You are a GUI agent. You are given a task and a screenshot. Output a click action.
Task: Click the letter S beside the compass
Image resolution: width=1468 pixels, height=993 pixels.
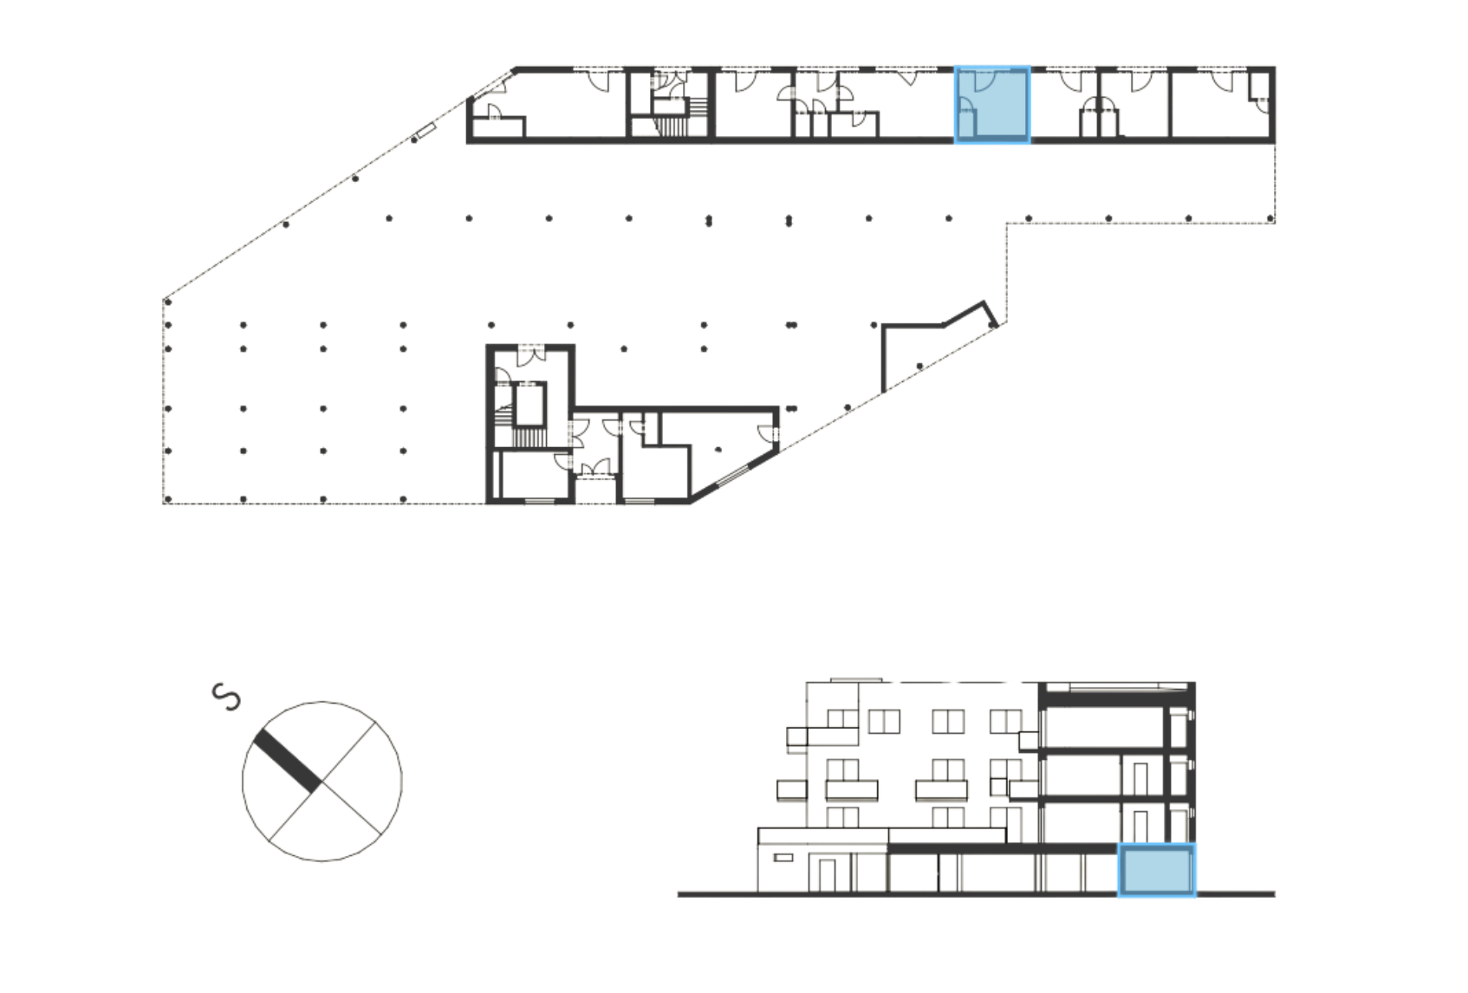pyautogui.click(x=227, y=698)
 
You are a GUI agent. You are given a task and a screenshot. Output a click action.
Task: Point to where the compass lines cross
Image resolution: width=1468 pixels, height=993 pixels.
pyautogui.click(x=322, y=782)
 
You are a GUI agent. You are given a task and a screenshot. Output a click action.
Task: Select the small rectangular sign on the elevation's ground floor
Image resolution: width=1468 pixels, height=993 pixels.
pyautogui.click(x=783, y=857)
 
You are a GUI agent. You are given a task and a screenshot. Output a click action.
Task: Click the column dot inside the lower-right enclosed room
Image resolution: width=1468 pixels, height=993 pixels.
pyautogui.click(x=718, y=449)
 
